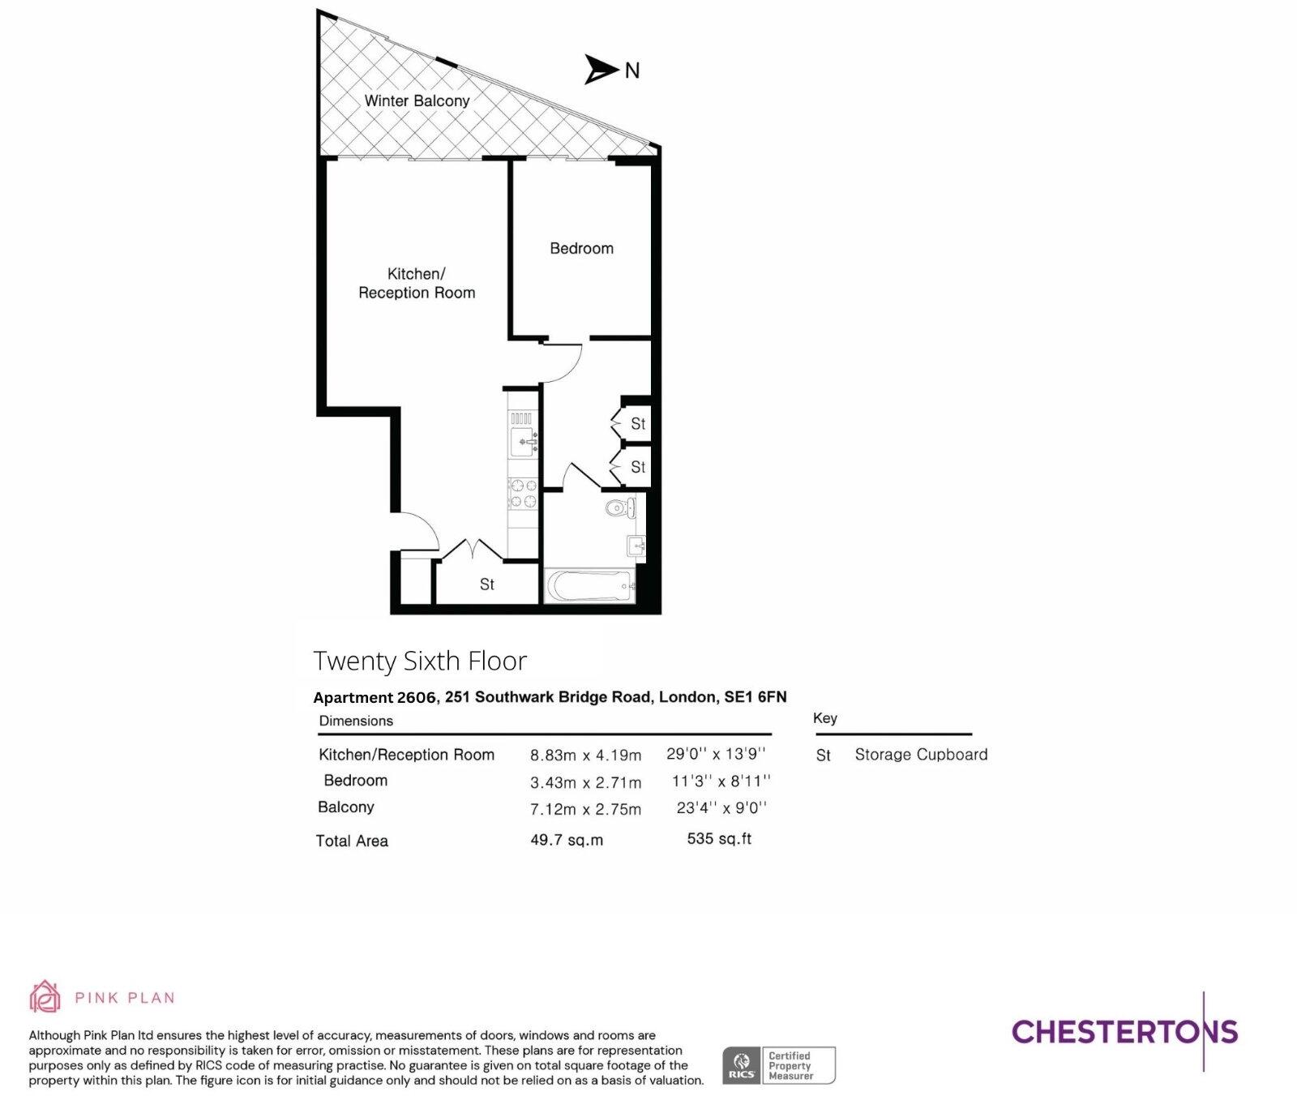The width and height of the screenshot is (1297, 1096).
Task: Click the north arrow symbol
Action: (601, 70)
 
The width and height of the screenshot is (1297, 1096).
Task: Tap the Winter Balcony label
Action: (417, 101)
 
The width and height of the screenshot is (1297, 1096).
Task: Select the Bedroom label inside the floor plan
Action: (581, 248)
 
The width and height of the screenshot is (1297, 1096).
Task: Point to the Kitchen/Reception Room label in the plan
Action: (417, 283)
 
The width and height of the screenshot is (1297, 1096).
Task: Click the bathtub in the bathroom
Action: (589, 586)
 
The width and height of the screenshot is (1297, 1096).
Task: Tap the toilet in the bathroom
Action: (619, 509)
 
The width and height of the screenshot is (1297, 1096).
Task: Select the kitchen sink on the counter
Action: (523, 443)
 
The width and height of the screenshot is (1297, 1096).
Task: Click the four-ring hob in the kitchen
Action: (523, 493)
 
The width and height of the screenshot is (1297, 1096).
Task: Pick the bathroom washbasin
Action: (636, 545)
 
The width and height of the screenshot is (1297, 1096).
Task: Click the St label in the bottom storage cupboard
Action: (486, 584)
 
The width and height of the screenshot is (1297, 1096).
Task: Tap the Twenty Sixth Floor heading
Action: (420, 661)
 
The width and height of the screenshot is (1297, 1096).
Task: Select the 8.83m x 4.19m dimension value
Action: (585, 756)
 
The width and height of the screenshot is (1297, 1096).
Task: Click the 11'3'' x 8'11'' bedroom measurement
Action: (721, 781)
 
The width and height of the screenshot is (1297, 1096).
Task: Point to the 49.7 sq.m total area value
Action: (567, 840)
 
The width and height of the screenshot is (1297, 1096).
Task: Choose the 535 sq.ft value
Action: (719, 839)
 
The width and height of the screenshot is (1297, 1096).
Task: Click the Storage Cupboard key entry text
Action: (921, 755)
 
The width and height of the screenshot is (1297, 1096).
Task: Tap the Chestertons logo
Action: (1124, 1031)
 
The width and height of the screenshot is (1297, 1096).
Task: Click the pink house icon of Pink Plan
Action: (45, 996)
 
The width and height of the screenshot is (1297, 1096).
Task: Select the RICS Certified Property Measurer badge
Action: (778, 1065)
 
